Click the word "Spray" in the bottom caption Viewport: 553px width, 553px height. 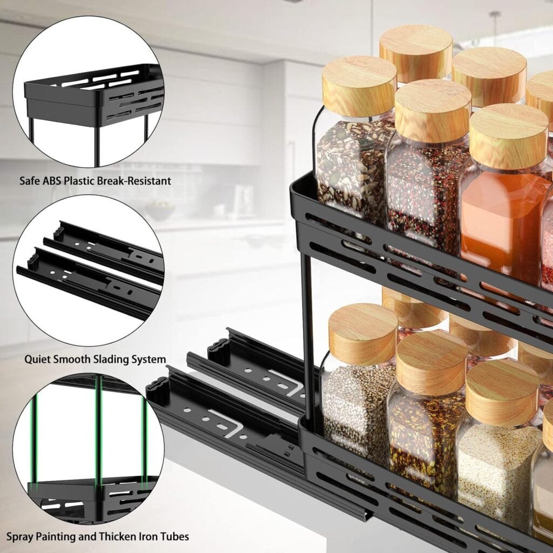[21, 536]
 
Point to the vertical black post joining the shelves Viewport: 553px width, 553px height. [308, 335]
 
